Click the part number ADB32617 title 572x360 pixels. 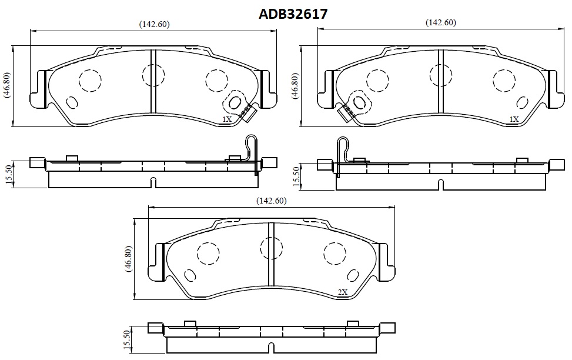[293, 14]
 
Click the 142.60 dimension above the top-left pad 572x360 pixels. [154, 25]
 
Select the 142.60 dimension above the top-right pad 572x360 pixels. [441, 22]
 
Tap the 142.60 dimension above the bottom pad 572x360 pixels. [272, 201]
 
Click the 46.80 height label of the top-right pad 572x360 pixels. [295, 86]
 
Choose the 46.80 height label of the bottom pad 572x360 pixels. [128, 259]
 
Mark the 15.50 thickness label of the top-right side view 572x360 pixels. [296, 176]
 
